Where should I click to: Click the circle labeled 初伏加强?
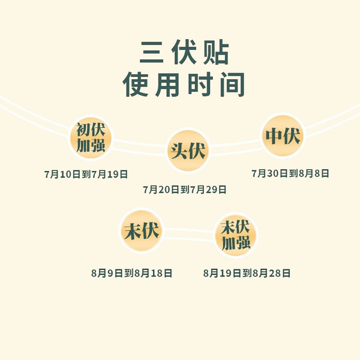[x=91, y=137]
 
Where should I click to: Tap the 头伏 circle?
[x=188, y=151]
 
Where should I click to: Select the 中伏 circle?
[x=283, y=136]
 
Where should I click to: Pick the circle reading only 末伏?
[x=142, y=230]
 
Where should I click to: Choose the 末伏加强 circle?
[x=236, y=235]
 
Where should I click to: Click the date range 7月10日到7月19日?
[x=86, y=174]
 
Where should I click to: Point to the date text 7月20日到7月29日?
[x=185, y=190]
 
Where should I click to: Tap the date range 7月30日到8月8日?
[x=290, y=173]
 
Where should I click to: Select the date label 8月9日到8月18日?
[x=131, y=273]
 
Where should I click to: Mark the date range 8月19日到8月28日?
[x=247, y=273]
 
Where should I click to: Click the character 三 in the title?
[x=152, y=53]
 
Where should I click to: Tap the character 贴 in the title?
[x=216, y=52]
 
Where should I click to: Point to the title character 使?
[x=136, y=84]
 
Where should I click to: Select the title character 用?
[x=167, y=84]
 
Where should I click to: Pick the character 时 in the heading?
[x=200, y=84]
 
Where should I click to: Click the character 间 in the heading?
[x=232, y=84]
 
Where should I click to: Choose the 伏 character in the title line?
[x=184, y=52]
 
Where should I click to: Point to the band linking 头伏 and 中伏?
[x=236, y=147]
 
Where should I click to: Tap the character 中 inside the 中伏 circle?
[x=274, y=136]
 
